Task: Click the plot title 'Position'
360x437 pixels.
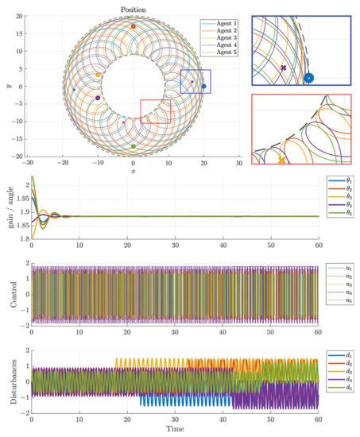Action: click(x=133, y=9)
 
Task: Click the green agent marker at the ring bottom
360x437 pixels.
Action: click(x=133, y=146)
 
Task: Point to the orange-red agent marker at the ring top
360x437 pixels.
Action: click(x=133, y=26)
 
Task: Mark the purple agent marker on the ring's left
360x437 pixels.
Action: click(x=98, y=98)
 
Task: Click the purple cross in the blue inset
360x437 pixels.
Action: click(x=283, y=68)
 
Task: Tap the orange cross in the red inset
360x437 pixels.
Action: click(x=281, y=160)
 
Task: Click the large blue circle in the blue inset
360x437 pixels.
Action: click(x=309, y=78)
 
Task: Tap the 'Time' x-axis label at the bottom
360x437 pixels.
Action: click(x=174, y=430)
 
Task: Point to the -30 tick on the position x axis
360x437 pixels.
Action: click(x=29, y=162)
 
